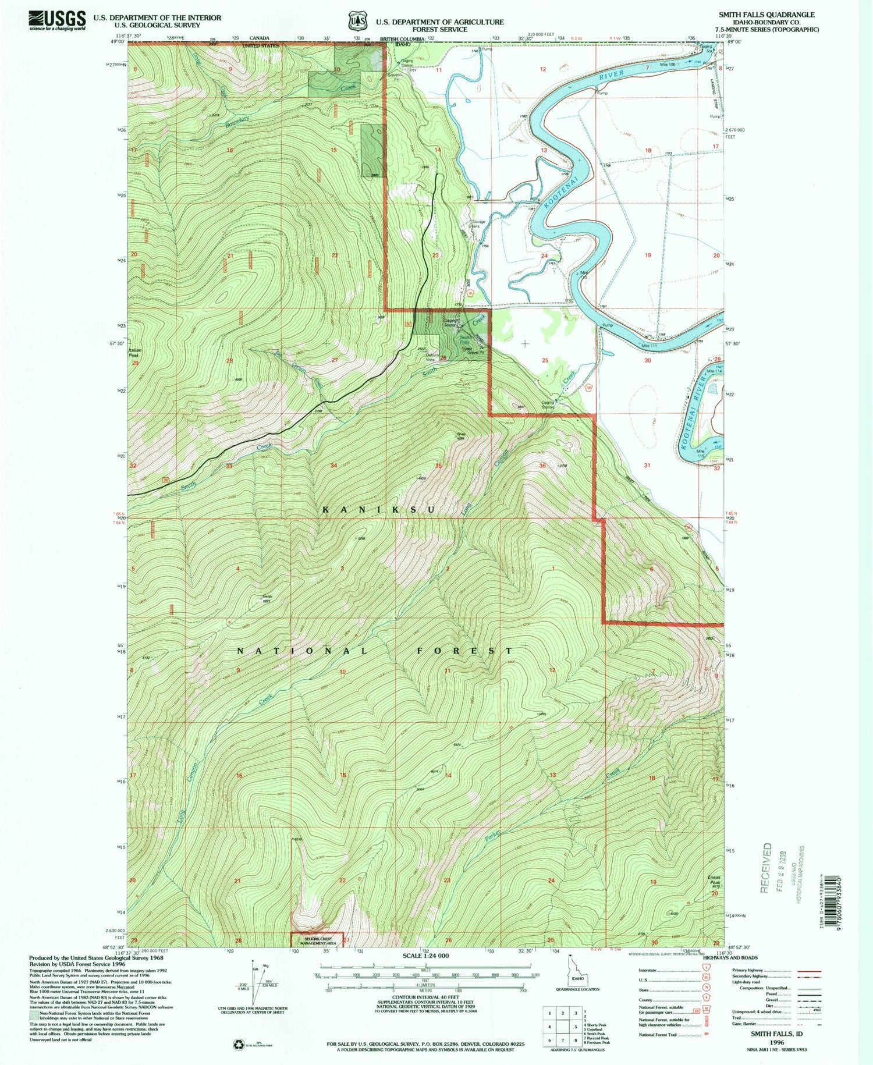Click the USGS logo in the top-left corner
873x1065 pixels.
tap(57, 21)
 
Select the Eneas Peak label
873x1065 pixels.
tap(714, 881)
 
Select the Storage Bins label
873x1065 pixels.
tap(478, 223)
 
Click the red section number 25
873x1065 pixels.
tap(545, 360)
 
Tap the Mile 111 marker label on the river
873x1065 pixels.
tap(649, 346)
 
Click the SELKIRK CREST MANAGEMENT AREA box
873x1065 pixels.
tap(317, 939)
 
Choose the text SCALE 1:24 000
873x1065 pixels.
tap(425, 956)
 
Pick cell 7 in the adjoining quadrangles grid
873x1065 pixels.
tap(549, 1040)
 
